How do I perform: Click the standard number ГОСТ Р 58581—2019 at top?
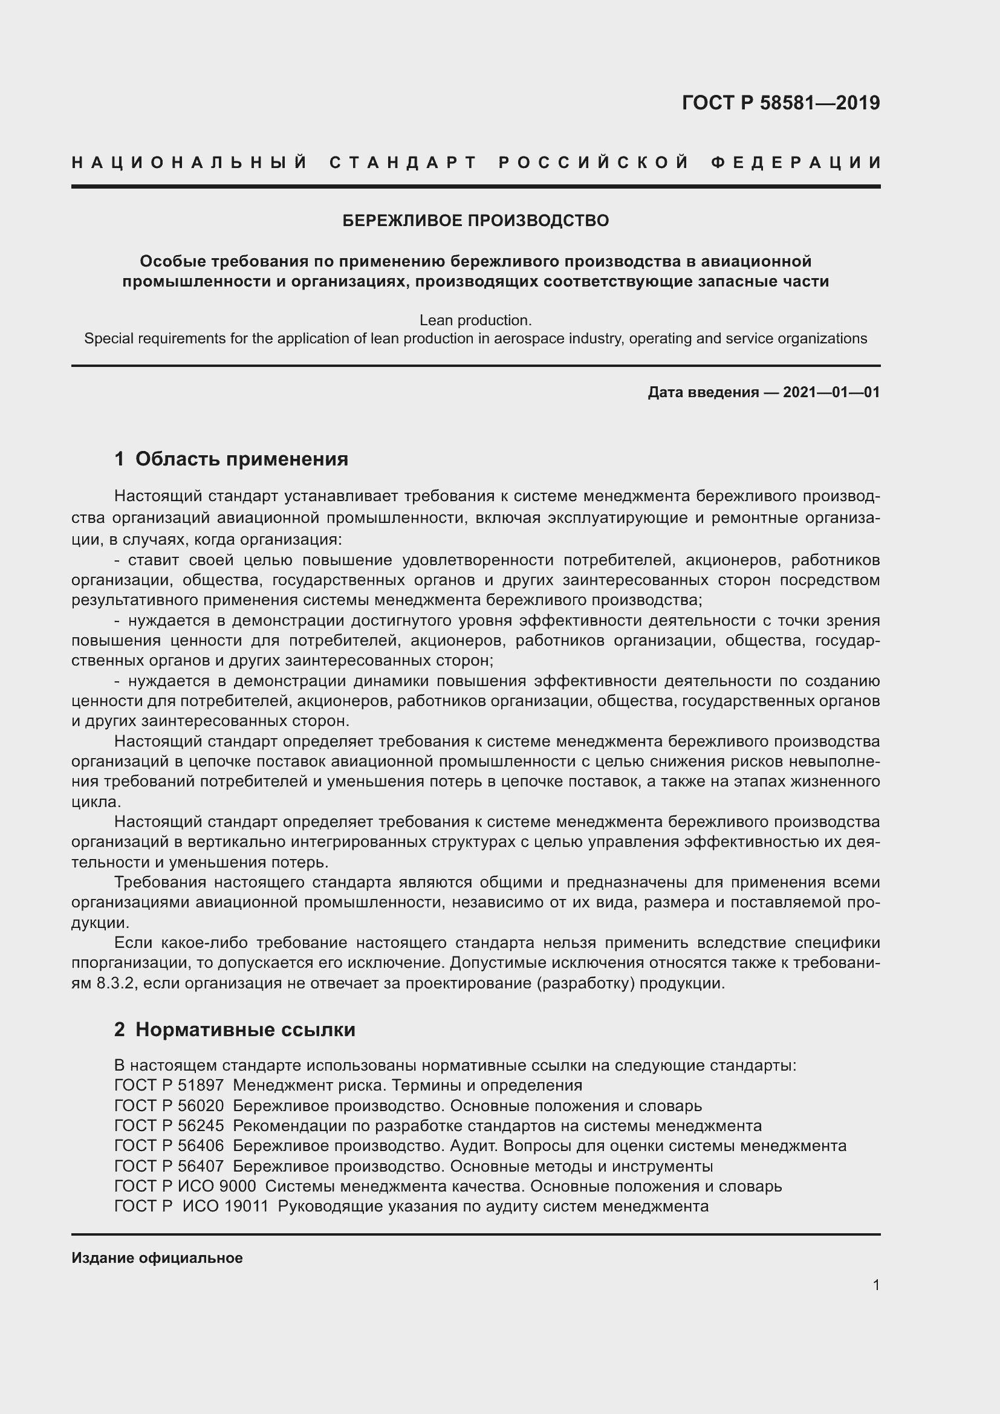781,103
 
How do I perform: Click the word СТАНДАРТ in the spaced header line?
404,163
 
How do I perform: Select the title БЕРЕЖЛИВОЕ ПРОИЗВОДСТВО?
475,221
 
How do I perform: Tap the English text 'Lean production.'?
475,320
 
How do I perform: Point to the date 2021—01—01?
831,392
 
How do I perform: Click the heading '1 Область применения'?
232,459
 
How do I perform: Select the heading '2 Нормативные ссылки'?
235,1029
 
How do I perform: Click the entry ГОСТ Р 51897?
169,1085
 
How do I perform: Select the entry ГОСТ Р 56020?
169,1106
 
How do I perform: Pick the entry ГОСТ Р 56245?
169,1126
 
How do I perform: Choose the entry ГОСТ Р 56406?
169,1146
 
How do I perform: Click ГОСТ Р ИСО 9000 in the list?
185,1186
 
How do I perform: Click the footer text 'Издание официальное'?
157,1258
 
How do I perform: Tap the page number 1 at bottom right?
876,1285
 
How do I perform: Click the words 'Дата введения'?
703,392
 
